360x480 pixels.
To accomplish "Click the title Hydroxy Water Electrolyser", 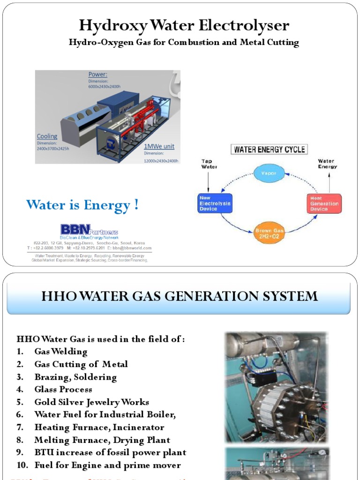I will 184,25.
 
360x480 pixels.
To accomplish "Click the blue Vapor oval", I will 269,173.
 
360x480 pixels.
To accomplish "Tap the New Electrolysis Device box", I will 215,203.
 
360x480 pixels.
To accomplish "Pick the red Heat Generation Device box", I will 324,203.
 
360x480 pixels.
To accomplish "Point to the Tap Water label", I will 210,164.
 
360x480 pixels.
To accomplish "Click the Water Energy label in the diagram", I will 327,164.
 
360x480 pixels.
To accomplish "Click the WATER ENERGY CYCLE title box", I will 270,150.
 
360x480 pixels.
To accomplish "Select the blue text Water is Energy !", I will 82,205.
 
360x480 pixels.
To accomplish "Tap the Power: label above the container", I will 98,75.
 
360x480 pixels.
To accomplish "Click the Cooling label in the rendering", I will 47,136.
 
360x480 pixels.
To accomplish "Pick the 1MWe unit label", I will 159,146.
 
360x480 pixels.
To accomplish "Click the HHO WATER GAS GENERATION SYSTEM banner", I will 180,296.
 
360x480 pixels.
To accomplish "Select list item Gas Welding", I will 61,351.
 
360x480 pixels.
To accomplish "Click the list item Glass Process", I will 63,389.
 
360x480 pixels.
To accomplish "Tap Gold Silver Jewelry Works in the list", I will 91,402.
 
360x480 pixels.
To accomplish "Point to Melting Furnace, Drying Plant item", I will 102,440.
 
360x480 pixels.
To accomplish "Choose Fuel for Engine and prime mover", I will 107,465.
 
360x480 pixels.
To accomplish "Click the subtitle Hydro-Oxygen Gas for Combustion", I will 184,43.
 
